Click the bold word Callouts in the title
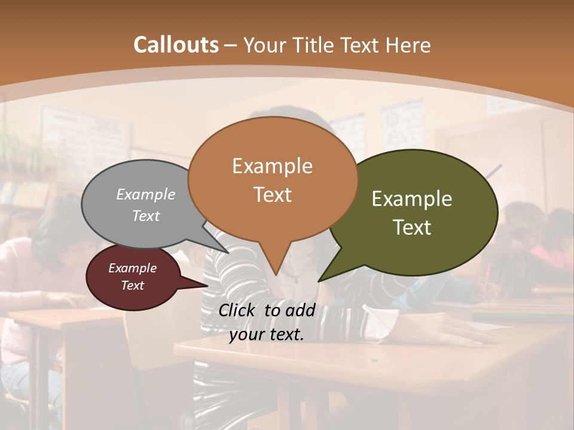click(176, 45)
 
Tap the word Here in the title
click(408, 45)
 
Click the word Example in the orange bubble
click(272, 166)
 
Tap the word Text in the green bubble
click(412, 228)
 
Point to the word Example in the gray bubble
click(146, 195)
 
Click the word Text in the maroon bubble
click(133, 285)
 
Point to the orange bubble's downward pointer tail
click(274, 263)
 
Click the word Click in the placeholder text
click(238, 310)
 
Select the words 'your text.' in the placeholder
click(267, 335)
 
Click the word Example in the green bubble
click(412, 199)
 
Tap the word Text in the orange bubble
click(273, 195)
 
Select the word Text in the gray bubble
click(146, 216)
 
